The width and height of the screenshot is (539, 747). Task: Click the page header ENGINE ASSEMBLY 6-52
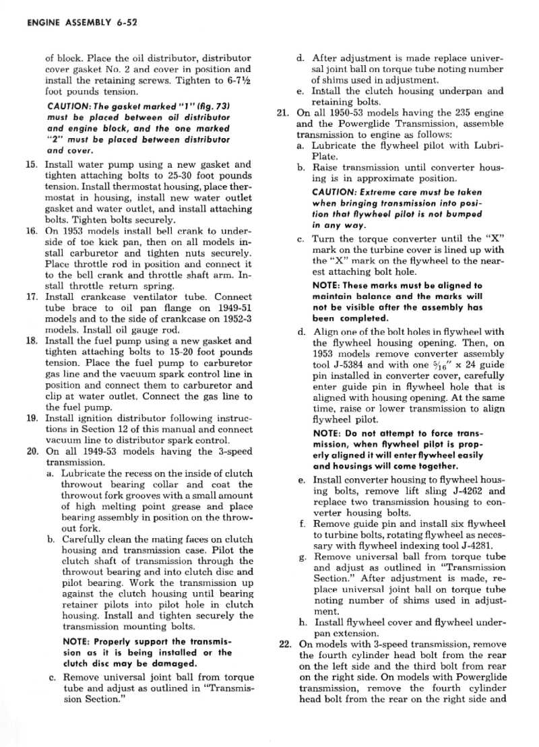coord(83,22)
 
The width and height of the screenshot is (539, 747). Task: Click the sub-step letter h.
coord(300,622)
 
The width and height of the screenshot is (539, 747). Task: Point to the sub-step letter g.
coord(300,558)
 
